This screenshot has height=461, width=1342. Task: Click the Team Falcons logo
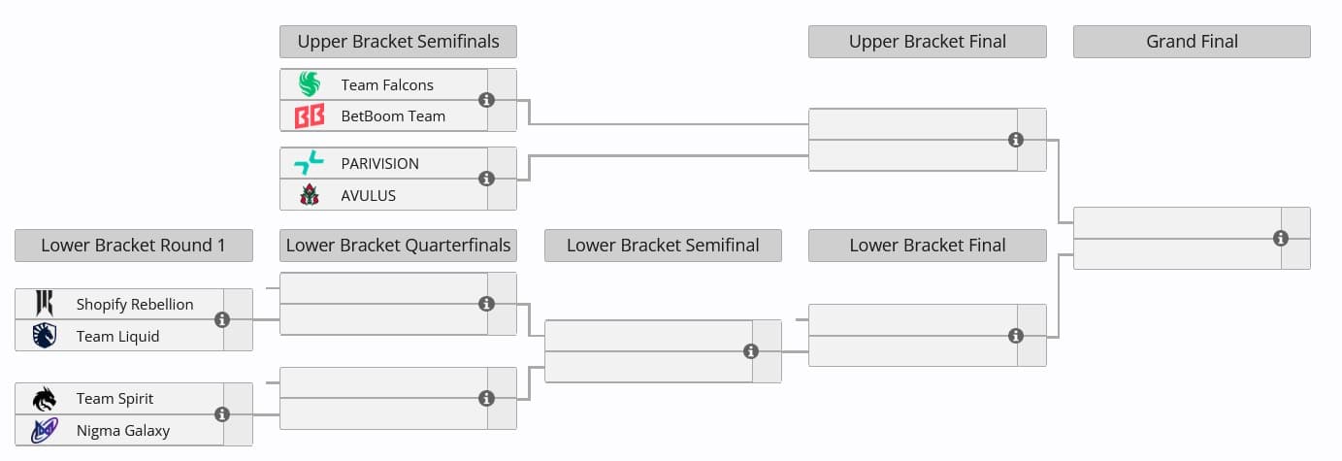coord(309,84)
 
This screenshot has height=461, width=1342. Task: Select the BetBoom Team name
coord(393,116)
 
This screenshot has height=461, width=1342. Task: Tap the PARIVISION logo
coord(309,163)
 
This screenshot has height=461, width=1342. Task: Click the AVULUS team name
coord(369,195)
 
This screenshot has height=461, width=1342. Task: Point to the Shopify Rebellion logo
coord(45,304)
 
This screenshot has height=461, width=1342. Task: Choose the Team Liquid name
coord(117,336)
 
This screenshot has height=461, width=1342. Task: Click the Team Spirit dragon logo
coord(45,399)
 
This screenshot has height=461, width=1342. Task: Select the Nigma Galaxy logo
coord(45,430)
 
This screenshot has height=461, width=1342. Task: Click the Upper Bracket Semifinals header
coord(398,42)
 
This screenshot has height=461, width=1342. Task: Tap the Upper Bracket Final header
coord(927,42)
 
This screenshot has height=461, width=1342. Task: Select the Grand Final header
coord(1192,42)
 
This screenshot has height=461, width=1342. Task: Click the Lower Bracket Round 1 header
coord(133,246)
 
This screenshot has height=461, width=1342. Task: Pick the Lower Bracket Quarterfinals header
coord(398,246)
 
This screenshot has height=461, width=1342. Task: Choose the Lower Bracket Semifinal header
coord(663,246)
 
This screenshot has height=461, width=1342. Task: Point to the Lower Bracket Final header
coord(927,246)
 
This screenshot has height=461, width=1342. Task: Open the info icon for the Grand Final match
coord(1281,238)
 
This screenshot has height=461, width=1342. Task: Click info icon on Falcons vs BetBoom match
coord(487,100)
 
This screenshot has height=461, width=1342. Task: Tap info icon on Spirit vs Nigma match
coord(222,414)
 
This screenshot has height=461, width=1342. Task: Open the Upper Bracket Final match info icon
coord(1016,140)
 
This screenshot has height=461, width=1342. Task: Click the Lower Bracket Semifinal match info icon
coord(751,351)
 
